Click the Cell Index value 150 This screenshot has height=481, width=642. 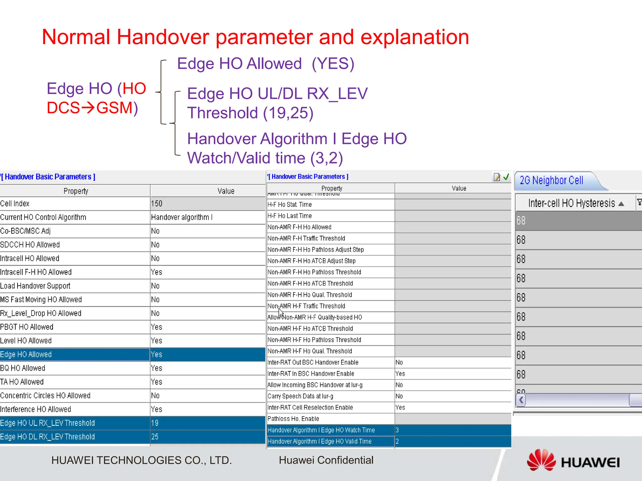pos(157,204)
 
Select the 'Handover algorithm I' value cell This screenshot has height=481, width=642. pos(182,217)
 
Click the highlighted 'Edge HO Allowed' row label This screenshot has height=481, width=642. pos(26,354)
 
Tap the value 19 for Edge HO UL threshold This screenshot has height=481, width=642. pos(155,423)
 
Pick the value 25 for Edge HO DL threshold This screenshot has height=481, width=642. pos(155,437)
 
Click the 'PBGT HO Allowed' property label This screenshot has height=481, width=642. pos(27,327)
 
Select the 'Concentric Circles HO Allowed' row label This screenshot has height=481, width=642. pos(45,396)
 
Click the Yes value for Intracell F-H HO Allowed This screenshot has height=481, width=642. pos(156,272)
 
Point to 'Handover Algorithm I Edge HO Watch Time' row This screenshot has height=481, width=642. pos(321,430)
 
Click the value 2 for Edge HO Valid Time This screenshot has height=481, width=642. pos(397,442)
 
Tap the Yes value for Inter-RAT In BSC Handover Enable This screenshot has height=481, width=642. pos(400,374)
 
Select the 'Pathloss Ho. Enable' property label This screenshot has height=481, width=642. pos(293,419)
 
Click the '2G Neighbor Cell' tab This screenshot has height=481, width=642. pos(552,180)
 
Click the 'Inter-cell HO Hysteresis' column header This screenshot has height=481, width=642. pos(572,203)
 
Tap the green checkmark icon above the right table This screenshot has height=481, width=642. pos(506,177)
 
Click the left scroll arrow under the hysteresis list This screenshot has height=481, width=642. pos(521,400)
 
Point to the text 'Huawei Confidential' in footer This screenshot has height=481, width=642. pos(326,460)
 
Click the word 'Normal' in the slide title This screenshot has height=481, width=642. pos(76,37)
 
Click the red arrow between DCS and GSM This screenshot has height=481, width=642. pos(88,108)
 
